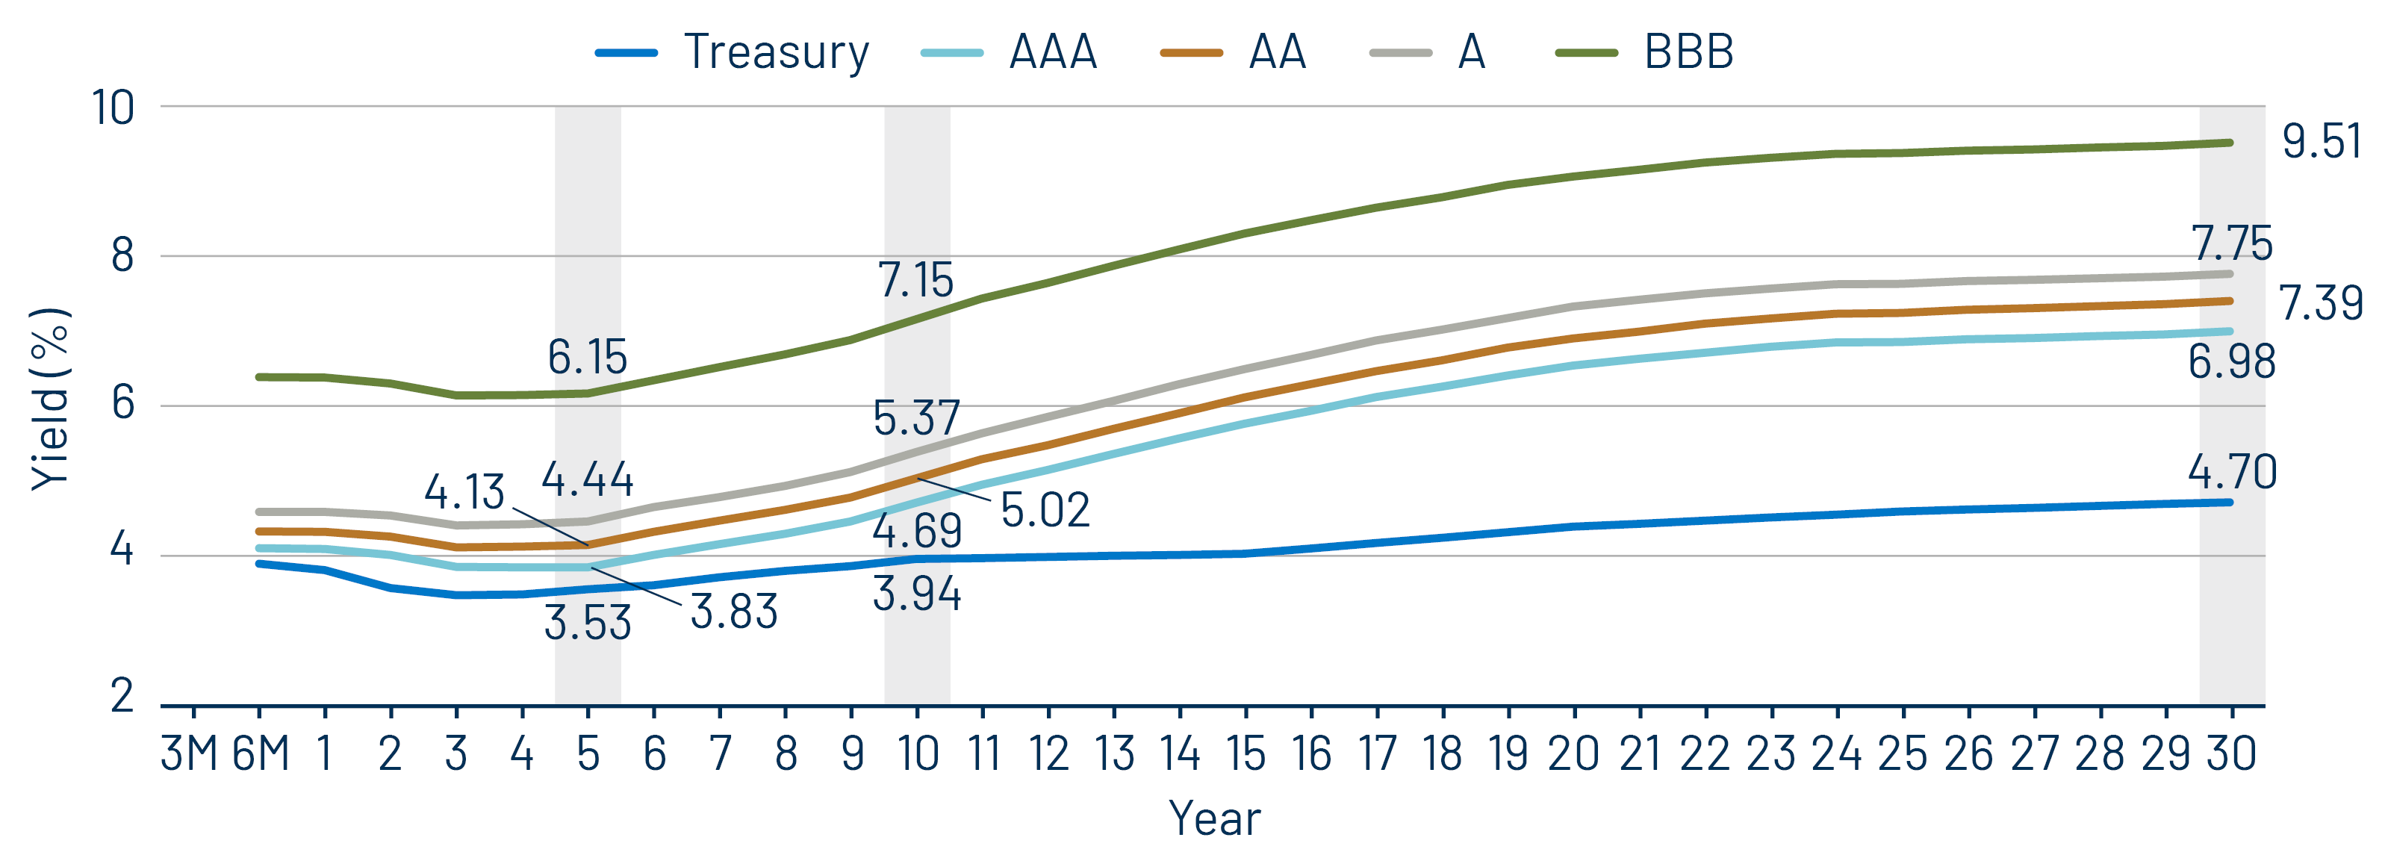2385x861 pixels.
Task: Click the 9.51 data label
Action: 2320,142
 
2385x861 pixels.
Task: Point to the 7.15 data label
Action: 915,279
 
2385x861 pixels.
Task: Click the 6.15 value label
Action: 587,358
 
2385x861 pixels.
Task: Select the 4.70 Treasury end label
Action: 2231,472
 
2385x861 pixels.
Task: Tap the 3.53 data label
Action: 587,623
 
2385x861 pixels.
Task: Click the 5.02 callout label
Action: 1045,510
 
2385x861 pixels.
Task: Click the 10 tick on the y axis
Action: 113,108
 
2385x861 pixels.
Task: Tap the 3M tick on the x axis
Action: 189,753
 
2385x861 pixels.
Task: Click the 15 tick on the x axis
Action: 1246,753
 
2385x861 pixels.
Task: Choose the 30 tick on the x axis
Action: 2231,753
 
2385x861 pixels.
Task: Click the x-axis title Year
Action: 1214,818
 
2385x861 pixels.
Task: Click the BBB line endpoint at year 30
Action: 2230,143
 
